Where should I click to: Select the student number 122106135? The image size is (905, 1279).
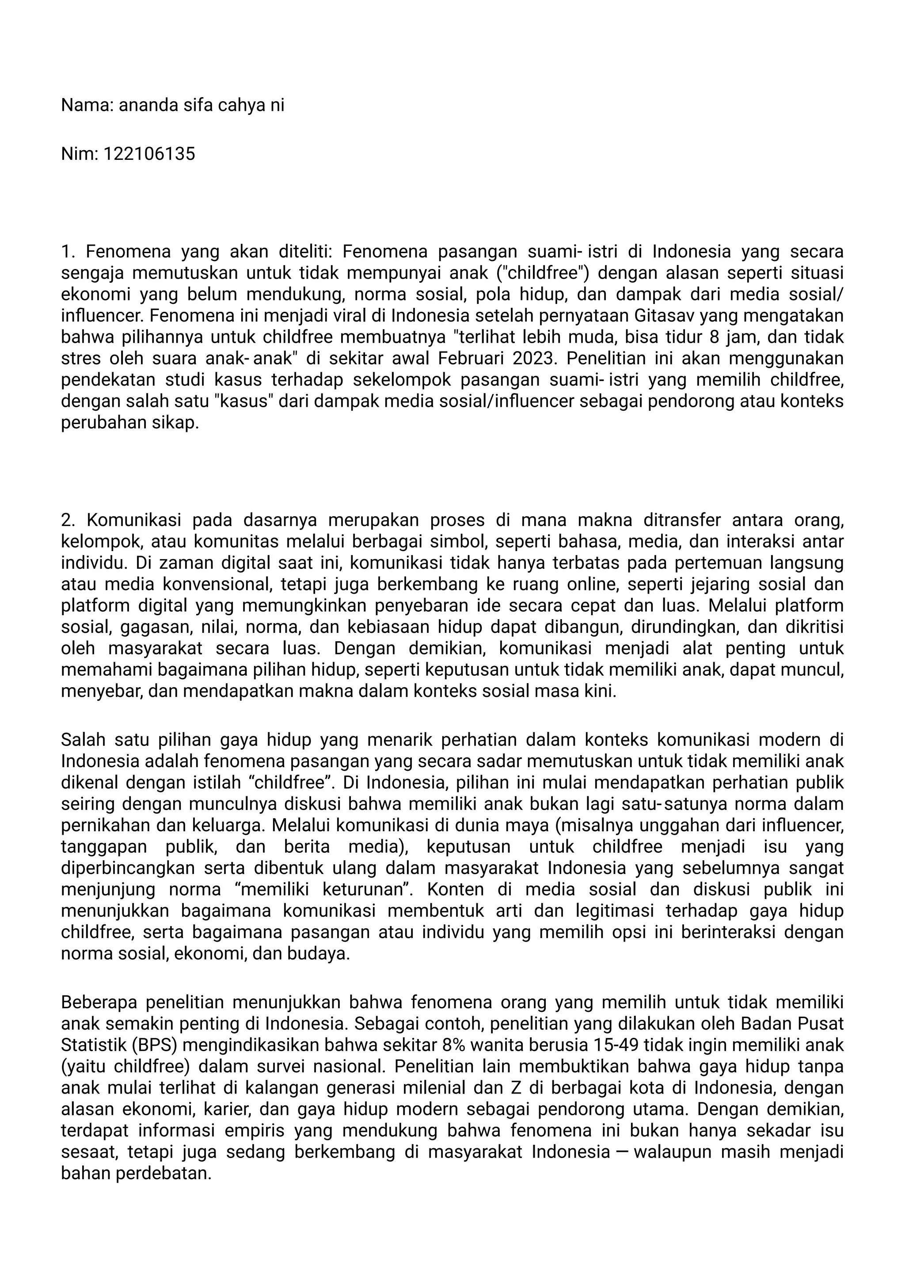149,154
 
